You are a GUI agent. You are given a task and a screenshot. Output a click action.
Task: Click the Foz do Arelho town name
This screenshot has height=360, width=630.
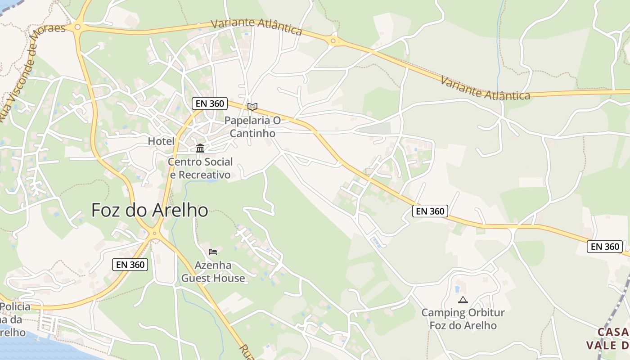coord(150,210)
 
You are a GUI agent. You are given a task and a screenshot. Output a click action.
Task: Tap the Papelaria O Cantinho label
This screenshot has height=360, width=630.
coord(252,127)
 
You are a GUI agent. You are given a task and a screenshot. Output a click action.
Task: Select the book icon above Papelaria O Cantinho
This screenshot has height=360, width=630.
coord(252,107)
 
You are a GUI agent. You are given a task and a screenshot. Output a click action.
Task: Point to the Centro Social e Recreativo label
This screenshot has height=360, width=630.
coord(200,168)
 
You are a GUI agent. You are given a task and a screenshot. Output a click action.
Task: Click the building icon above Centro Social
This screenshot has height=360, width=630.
coord(200,148)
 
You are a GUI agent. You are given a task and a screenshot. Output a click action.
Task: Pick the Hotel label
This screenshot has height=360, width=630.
coord(161,141)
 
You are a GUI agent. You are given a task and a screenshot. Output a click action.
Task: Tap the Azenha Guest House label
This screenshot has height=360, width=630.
coord(213,272)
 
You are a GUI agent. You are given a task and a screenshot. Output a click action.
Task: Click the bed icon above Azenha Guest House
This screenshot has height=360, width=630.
coord(213,252)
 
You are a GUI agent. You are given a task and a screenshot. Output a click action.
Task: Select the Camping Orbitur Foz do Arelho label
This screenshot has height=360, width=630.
coord(463,319)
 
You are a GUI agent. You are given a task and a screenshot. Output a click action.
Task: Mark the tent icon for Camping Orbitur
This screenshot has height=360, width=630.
coord(463,300)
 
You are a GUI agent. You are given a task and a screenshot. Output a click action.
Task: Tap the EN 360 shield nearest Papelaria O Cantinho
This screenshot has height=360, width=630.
coord(210,103)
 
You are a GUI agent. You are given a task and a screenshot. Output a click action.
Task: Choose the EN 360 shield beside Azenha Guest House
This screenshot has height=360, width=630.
coord(130,265)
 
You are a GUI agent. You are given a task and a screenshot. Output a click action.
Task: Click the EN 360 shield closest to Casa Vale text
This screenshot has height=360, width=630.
coord(605,247)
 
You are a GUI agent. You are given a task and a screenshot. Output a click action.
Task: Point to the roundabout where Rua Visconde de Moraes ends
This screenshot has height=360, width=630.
coord(78,27)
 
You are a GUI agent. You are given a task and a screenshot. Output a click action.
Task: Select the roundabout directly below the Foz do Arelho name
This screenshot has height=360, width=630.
coord(154,233)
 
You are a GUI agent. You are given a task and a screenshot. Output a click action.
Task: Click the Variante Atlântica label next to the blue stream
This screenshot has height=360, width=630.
coord(485,88)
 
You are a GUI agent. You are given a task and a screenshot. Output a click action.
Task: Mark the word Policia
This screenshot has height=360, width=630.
coord(15,307)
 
